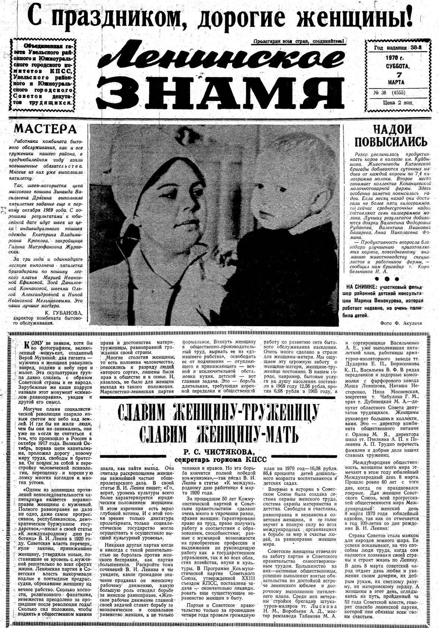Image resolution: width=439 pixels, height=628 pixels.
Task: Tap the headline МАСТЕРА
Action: [45, 129]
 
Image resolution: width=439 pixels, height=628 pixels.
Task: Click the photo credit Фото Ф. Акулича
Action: [401, 323]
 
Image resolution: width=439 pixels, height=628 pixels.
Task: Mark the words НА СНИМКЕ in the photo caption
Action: [360, 287]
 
